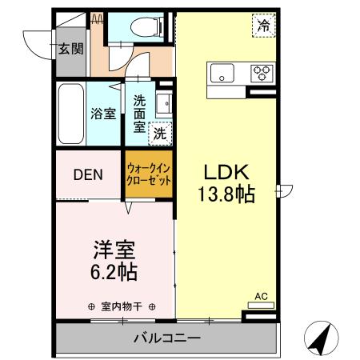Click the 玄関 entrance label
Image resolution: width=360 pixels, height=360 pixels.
pyautogui.click(x=70, y=49)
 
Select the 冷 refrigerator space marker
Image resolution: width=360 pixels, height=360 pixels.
pyautogui.click(x=263, y=26)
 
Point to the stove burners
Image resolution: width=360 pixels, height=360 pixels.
pyautogui.click(x=262, y=73)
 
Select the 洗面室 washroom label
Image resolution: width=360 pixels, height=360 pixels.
pyautogui.click(x=139, y=113)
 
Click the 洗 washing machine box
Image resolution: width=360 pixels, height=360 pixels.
pyautogui.click(x=160, y=133)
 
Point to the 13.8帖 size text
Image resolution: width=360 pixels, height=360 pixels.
pyautogui.click(x=226, y=194)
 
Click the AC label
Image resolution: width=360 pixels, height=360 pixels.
pyautogui.click(x=260, y=297)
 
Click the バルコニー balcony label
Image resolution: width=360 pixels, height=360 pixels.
pyautogui.click(x=166, y=338)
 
